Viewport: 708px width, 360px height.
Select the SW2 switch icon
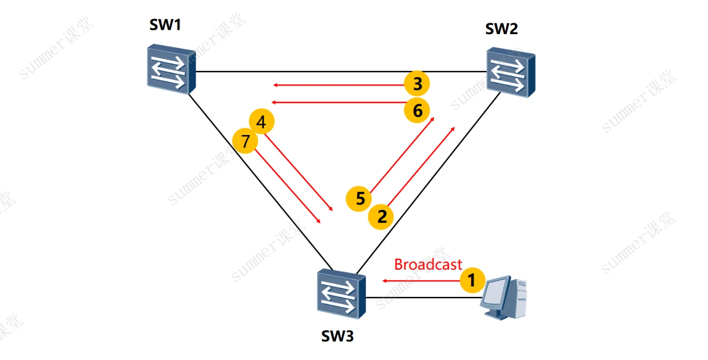[x=510, y=72]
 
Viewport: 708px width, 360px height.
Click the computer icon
[x=504, y=297]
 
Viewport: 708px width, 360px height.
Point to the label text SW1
[x=165, y=26]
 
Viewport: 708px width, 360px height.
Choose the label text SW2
[x=501, y=29]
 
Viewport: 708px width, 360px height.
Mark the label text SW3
[x=337, y=336]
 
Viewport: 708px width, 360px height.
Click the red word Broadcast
[x=428, y=265]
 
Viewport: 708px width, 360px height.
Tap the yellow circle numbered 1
[x=472, y=280]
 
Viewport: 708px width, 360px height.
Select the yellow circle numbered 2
[x=381, y=217]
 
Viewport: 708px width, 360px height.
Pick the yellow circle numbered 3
[x=417, y=84]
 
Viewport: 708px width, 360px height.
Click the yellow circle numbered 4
[x=262, y=122]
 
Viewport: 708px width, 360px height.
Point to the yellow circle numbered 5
[x=359, y=199]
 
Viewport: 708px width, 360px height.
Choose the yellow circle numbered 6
[x=417, y=110]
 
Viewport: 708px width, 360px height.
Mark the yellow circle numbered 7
[x=245, y=142]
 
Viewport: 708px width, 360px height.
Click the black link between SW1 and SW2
[x=341, y=72]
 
